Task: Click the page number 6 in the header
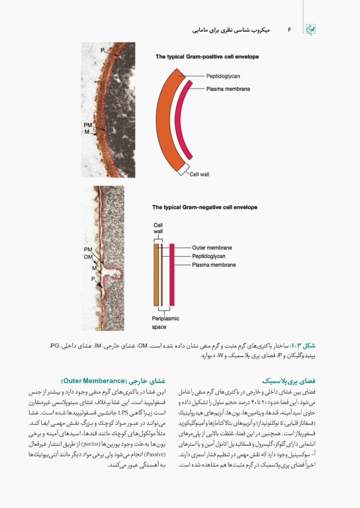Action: pos(289,30)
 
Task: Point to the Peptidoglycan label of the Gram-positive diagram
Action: pos(224,76)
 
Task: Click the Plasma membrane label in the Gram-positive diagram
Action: pos(228,88)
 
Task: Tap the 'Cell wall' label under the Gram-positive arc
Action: pos(199,174)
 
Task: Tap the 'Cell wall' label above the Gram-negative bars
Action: pos(158,228)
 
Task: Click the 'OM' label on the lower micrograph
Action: pos(88,257)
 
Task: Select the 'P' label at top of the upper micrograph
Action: pos(103,50)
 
